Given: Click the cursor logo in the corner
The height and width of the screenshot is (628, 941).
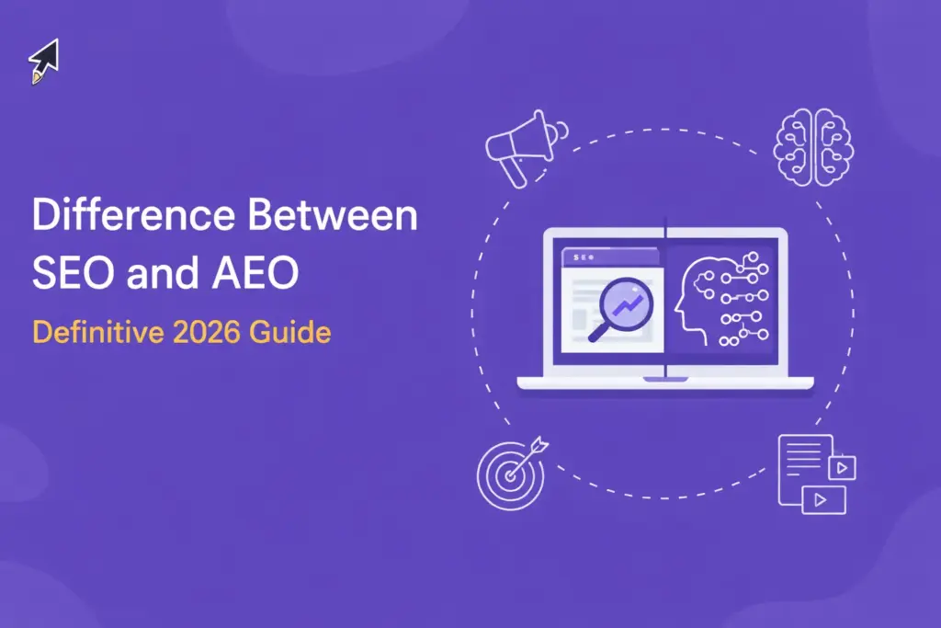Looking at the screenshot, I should pos(43,62).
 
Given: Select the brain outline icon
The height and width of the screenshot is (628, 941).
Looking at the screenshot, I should pos(813,145).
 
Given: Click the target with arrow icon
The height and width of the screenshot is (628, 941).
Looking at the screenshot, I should pos(509,474).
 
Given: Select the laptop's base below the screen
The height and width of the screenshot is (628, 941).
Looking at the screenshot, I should pos(663,381).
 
